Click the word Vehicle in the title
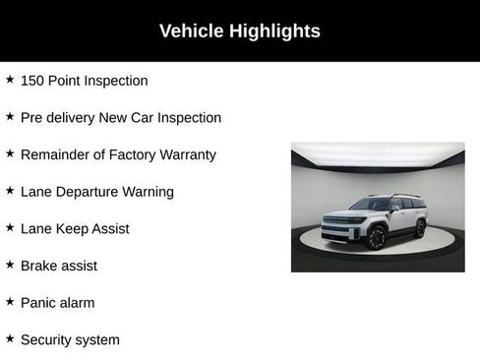click(x=192, y=31)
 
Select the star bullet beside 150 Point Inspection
click(x=10, y=80)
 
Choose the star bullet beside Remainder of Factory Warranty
click(x=10, y=153)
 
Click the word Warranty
click(x=185, y=154)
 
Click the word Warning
click(x=149, y=192)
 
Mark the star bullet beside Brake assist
click(x=10, y=265)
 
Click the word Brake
click(x=39, y=266)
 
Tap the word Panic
click(x=39, y=303)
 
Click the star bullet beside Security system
click(x=10, y=338)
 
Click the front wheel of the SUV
click(x=377, y=237)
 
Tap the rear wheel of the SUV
click(x=421, y=228)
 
